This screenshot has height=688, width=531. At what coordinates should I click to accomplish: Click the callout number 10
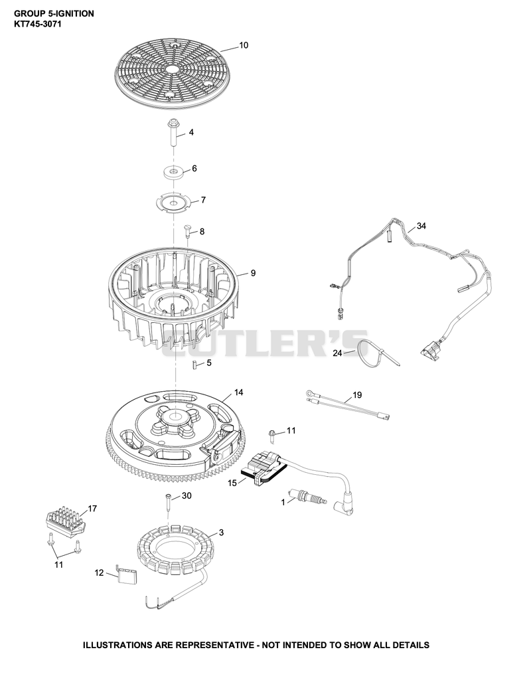[x=244, y=45]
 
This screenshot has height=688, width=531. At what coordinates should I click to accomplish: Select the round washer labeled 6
[x=174, y=171]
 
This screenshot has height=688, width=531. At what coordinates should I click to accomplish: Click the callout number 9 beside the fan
[x=253, y=274]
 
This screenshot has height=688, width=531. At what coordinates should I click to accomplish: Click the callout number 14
[x=238, y=392]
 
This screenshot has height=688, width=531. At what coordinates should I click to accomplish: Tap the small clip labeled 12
[x=126, y=574]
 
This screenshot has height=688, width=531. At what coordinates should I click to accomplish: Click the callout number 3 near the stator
[x=222, y=533]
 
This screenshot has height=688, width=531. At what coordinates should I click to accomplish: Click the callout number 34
[x=421, y=226]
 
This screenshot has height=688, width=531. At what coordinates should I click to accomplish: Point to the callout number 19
[x=357, y=395]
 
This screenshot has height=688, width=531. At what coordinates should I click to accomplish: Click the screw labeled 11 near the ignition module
[x=272, y=435]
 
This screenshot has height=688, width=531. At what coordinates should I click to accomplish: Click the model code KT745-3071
[x=38, y=24]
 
